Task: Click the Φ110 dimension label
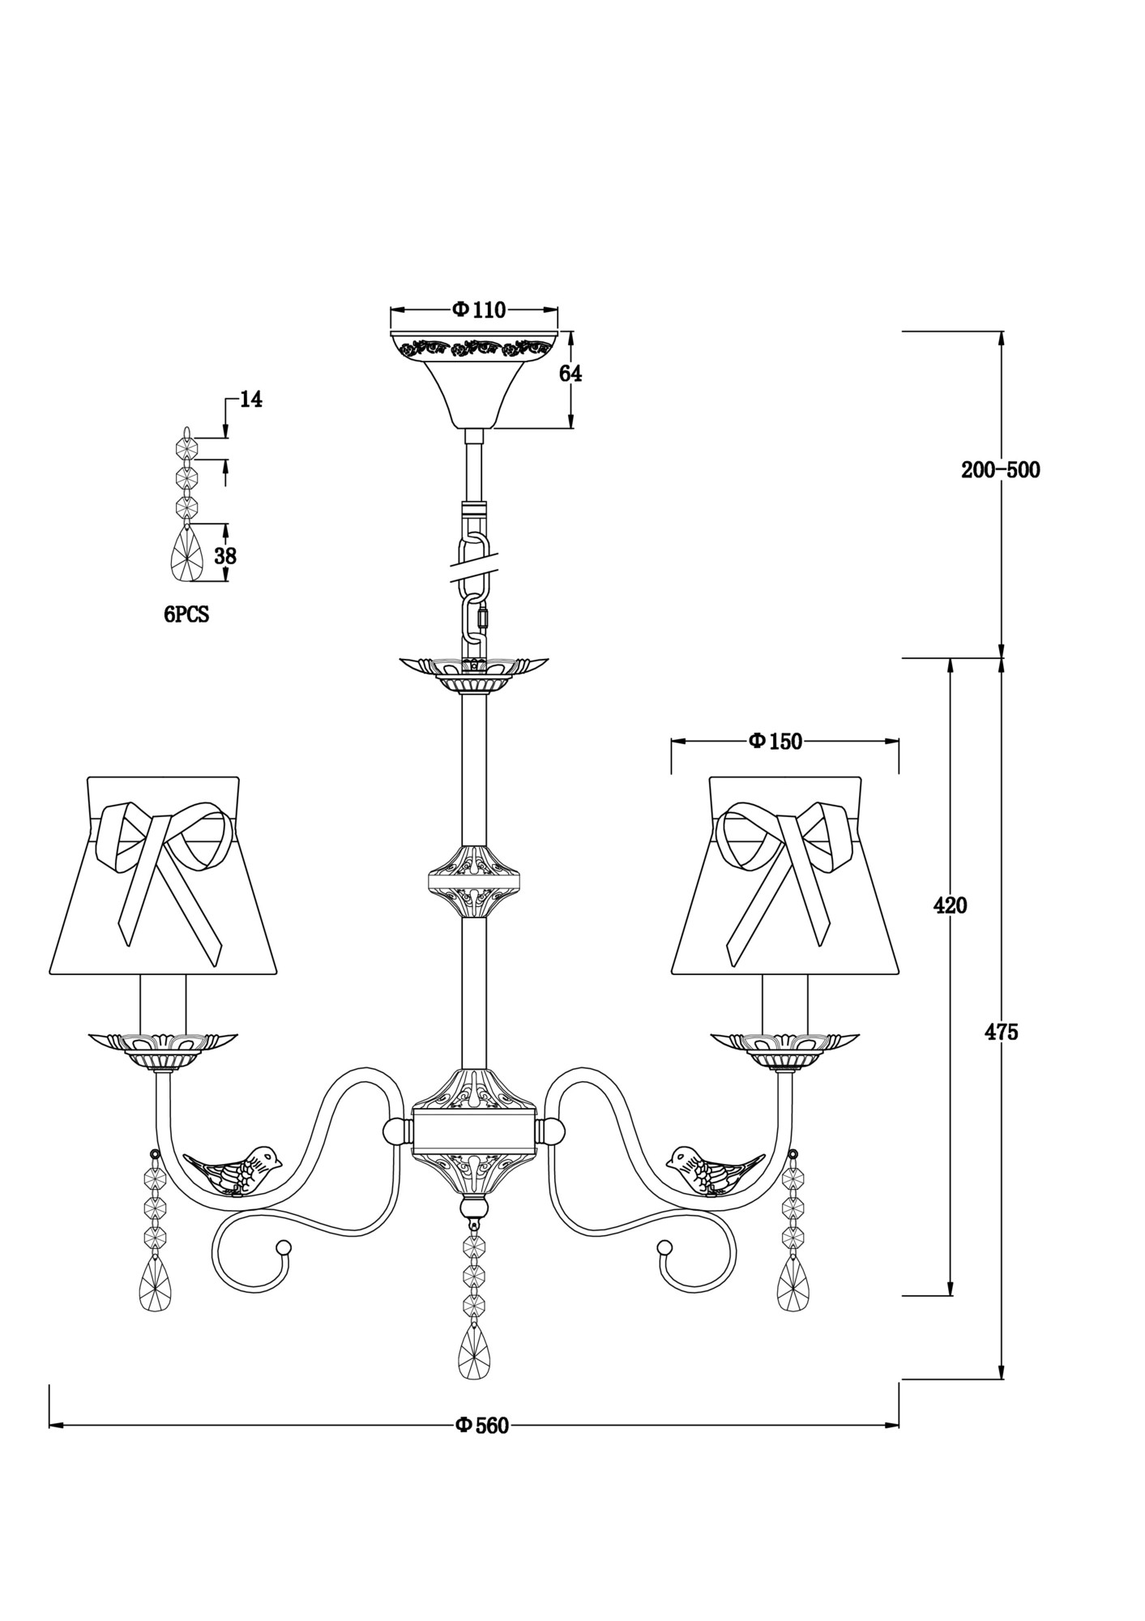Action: coord(478,310)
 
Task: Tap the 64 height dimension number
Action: coord(570,374)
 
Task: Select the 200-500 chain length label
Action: coord(1000,470)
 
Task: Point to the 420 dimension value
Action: coord(950,905)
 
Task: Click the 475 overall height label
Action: coord(1001,1032)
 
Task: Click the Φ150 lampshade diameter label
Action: coord(775,741)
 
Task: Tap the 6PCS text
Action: coord(186,615)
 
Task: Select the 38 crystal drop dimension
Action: coord(225,556)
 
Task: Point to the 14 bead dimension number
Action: coord(251,400)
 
